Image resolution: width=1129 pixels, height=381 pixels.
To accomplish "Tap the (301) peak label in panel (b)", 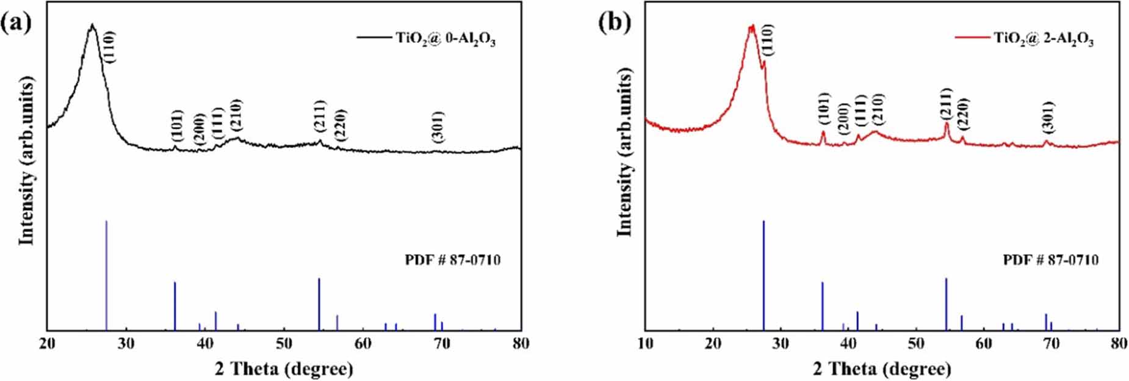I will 1048,117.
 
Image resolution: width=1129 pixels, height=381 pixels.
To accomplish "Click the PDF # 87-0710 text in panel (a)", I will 453,261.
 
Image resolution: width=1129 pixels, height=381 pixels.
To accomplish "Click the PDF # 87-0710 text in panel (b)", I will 1051,261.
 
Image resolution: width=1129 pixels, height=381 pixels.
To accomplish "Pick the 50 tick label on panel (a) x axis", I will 284,343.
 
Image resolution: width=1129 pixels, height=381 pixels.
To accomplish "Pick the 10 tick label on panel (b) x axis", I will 646,343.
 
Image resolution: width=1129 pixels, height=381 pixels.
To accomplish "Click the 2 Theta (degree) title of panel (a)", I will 284,368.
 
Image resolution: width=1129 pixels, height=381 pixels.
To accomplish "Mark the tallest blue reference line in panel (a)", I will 107,275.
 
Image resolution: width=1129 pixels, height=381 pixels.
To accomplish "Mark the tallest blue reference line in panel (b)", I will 763,275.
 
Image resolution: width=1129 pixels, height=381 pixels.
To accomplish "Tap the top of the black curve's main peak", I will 92,26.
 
